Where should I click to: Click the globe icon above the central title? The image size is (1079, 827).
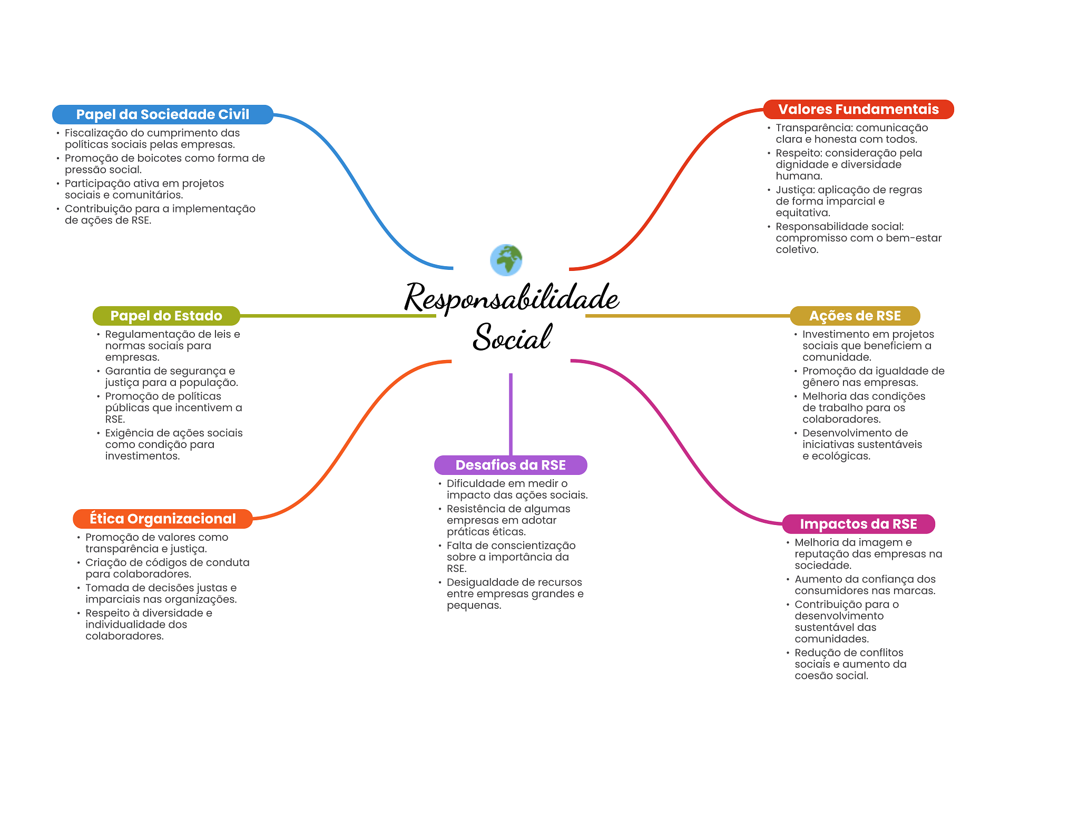coord(506,260)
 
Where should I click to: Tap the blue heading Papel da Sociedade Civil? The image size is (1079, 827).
coord(162,114)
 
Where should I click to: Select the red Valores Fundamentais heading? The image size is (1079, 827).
coord(858,109)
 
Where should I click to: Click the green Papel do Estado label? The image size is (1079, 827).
coord(166,316)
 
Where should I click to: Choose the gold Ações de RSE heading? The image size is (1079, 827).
coord(855,316)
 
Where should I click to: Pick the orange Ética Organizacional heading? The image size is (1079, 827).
coord(162,519)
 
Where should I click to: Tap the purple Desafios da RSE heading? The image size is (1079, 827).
coord(511,465)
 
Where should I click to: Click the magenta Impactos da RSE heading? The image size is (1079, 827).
coord(858,524)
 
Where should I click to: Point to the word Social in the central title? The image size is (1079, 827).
coord(512,337)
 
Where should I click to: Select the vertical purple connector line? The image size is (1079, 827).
coord(511,414)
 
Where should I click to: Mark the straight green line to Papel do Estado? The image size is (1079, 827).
coord(337,316)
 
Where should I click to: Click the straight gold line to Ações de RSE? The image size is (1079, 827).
coord(688,316)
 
